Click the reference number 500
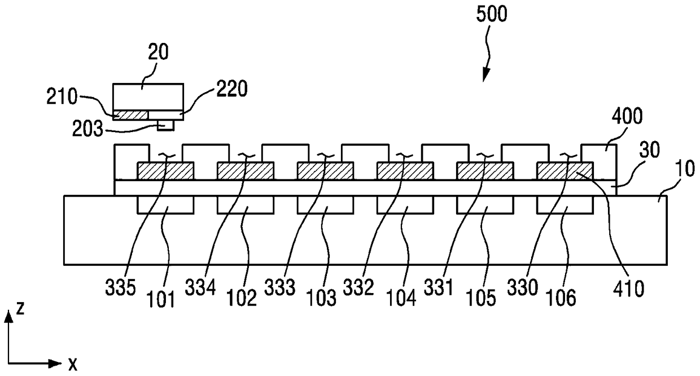click(492, 14)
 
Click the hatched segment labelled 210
click(130, 115)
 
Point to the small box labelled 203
click(165, 125)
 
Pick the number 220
click(232, 89)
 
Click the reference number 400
click(627, 116)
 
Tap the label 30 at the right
click(649, 150)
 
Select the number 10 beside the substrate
click(685, 168)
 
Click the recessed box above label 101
click(165, 205)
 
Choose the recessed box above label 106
click(565, 205)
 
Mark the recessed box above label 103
click(325, 205)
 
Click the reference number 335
click(120, 287)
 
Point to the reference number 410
click(628, 288)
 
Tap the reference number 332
click(358, 287)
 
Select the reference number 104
click(401, 298)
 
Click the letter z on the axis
click(20, 308)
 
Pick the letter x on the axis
click(72, 365)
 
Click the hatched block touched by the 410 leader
click(565, 170)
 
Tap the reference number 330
click(523, 287)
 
